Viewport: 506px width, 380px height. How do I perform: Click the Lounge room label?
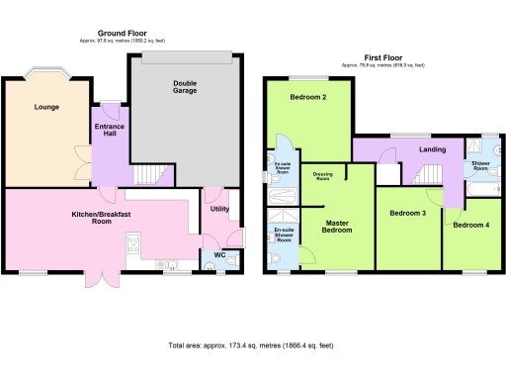tap(43, 107)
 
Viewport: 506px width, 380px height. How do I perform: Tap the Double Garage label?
tap(184, 86)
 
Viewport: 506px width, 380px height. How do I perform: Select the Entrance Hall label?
tap(108, 131)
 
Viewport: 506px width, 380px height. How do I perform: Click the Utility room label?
tap(219, 210)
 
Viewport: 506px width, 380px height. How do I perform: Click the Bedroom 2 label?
tap(310, 98)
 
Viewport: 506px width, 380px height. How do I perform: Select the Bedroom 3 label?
tap(407, 213)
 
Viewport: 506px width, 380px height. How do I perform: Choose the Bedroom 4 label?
tap(469, 226)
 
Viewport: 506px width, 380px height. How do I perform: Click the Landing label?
tap(432, 149)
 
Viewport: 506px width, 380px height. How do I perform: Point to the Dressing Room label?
tap(321, 177)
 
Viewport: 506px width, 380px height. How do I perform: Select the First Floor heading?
tap(382, 58)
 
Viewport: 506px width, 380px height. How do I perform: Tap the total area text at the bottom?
tap(252, 344)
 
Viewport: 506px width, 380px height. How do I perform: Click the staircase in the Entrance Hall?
tap(149, 175)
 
